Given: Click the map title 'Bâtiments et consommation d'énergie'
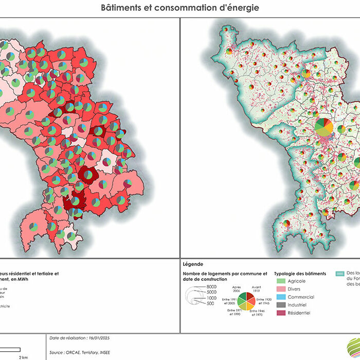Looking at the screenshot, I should (179, 8).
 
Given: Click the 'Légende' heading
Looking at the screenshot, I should (193, 264).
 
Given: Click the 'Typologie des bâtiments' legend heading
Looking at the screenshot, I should (300, 274).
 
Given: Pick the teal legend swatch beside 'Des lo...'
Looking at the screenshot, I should (340, 274).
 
